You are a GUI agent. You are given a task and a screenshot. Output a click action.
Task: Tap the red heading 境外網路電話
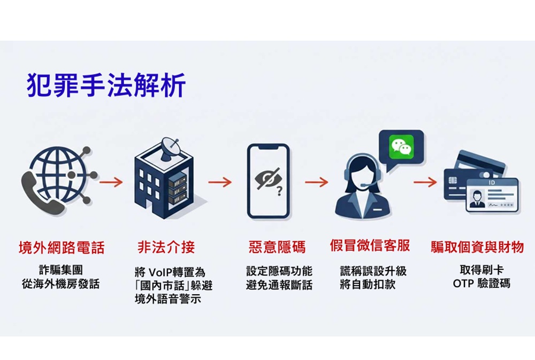pyautogui.click(x=62, y=247)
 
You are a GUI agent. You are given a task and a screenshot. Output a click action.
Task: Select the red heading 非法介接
pyautogui.click(x=166, y=247)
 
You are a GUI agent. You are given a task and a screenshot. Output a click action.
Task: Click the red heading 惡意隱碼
pyautogui.click(x=277, y=247)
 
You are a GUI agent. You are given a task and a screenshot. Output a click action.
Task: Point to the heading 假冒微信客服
pyautogui.click(x=370, y=246)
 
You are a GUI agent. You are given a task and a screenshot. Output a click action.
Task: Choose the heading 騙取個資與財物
pyautogui.click(x=477, y=247)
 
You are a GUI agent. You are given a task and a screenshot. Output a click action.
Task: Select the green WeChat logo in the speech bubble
pyautogui.click(x=401, y=147)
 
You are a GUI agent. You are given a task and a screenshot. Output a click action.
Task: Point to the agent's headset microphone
pyautogui.click(x=363, y=185)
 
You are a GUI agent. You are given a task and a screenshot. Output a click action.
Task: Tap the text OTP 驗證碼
pyautogui.click(x=481, y=284)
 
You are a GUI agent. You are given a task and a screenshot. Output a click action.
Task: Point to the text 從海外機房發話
pyautogui.click(x=61, y=284)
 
